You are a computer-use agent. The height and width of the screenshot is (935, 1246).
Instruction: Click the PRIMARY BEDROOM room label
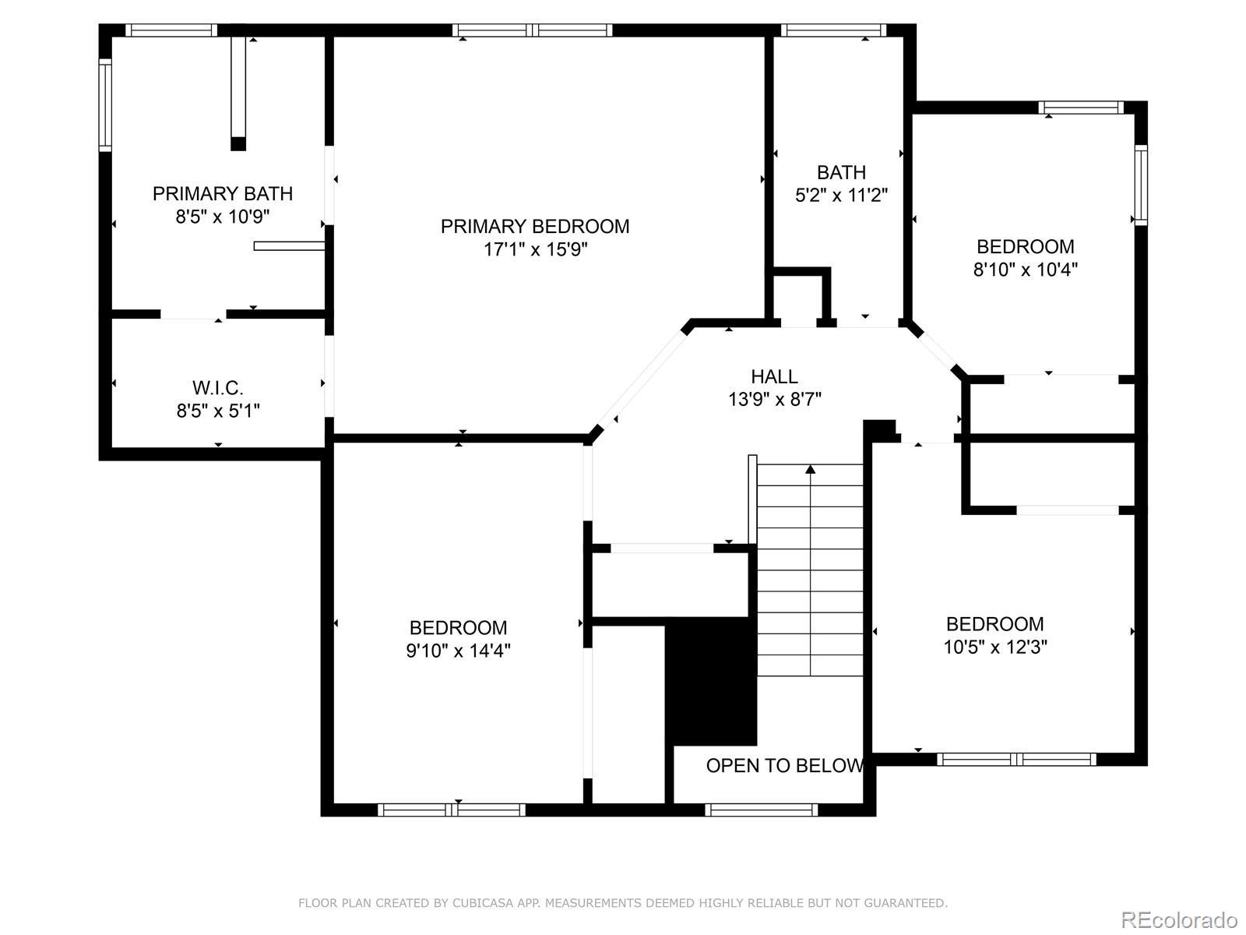pos(535,227)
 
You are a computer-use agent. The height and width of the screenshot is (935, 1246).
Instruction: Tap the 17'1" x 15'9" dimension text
pos(535,249)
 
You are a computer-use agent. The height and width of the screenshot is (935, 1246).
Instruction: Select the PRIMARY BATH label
pos(223,193)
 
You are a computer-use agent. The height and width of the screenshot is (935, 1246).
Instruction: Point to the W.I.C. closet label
pos(218,388)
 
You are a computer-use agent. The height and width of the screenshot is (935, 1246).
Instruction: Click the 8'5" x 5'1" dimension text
pos(218,411)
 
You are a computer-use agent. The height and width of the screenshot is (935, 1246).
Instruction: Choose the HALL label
pos(774,376)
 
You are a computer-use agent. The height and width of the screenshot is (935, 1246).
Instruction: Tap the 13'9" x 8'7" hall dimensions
pos(775,400)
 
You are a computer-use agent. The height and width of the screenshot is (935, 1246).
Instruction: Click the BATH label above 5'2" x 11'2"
pos(841,172)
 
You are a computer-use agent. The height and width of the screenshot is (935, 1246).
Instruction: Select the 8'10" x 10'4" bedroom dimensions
pos(1025,269)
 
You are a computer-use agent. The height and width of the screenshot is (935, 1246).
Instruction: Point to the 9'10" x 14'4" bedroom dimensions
pos(458,650)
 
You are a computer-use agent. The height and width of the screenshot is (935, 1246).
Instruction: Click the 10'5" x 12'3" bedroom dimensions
pos(995,647)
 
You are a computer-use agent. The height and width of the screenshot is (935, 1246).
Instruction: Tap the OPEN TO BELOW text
pos(784,766)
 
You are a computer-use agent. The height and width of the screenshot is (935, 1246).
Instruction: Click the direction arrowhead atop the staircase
pos(810,470)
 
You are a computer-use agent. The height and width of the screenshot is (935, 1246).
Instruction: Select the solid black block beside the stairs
pos(711,681)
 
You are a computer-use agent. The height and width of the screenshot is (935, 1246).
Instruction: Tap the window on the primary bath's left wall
pos(105,105)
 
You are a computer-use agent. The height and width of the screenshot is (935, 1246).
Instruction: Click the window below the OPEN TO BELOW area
pos(761,810)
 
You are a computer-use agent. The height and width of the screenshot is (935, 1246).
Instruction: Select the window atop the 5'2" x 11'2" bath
pos(833,30)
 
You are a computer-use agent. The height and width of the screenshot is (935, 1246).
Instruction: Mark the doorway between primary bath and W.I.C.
pos(193,315)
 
